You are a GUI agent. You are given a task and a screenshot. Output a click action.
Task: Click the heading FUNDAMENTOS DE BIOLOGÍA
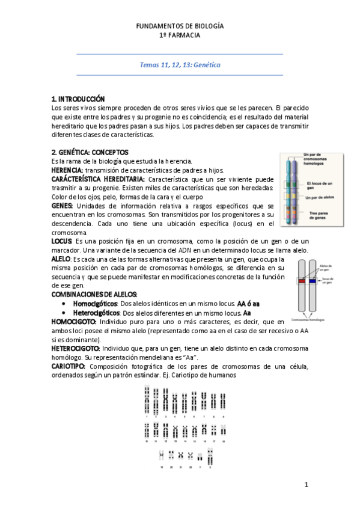180,26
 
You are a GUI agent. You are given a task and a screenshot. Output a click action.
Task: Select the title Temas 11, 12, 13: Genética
180,64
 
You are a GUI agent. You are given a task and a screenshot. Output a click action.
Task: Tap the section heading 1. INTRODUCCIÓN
78,99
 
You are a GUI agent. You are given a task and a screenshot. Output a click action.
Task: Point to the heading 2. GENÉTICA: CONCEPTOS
90,152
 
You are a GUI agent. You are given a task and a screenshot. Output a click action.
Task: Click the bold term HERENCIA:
67,170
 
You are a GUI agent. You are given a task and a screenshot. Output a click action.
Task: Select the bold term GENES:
63,206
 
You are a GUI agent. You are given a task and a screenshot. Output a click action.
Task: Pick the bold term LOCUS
62,241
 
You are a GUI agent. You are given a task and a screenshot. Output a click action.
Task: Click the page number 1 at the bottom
306,484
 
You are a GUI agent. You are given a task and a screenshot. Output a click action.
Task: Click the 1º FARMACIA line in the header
180,35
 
